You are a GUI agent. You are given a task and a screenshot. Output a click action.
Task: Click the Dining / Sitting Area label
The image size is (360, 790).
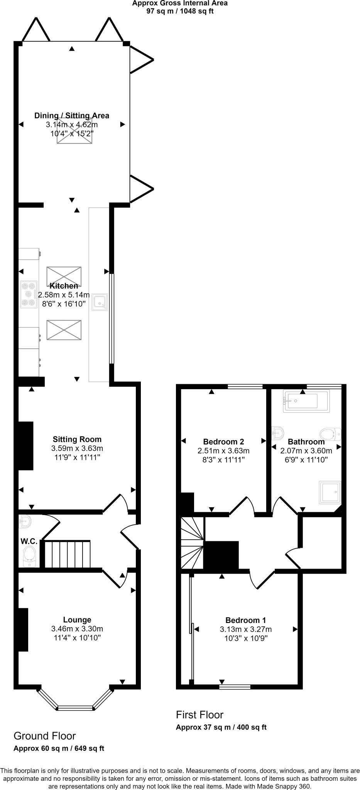pos(72,115)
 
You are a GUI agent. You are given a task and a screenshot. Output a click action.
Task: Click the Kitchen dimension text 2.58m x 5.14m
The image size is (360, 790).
pos(64,295)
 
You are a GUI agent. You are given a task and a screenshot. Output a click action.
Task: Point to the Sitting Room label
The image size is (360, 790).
pos(77,439)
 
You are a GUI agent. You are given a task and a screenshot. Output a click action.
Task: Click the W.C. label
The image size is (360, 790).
pos(28,541)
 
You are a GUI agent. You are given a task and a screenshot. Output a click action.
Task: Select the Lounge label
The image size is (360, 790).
pos(77,620)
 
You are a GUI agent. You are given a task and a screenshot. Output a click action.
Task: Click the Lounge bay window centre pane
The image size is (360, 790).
pos(76,708)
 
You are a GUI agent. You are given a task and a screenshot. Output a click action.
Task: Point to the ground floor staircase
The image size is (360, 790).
pos(68,554)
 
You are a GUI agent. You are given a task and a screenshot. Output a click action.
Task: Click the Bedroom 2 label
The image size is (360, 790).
pos(223,442)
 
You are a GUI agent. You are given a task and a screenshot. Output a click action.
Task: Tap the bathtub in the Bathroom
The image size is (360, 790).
pos(306,402)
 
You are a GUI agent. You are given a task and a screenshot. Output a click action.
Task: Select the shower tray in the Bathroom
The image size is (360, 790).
pos(330,492)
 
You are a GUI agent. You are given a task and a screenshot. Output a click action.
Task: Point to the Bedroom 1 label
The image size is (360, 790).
pos(246,620)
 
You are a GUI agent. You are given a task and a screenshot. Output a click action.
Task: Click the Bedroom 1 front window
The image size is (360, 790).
pos(235,686)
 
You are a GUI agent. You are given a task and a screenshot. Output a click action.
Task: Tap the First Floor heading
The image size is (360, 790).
pos(199,715)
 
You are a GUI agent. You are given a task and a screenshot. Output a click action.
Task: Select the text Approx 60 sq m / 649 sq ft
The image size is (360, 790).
pos(59,748)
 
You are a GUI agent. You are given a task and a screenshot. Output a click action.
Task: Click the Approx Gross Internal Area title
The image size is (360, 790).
pos(180,3)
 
